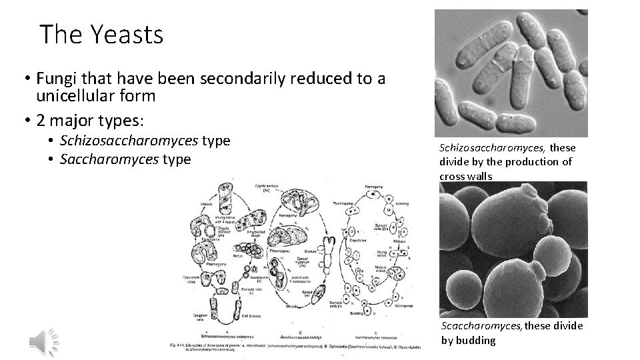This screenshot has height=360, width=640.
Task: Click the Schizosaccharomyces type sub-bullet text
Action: tap(145, 141)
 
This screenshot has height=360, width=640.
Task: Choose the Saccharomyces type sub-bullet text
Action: tap(125, 159)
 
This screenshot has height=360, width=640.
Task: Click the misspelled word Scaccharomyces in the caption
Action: tap(482, 326)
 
